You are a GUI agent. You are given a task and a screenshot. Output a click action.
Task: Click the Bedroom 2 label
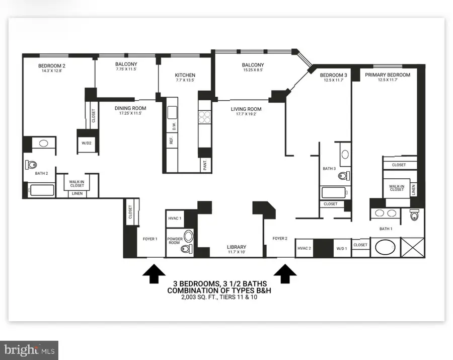52,65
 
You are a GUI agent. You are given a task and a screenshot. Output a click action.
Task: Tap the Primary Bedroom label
388,75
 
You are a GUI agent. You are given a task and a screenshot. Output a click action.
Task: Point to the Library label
236,247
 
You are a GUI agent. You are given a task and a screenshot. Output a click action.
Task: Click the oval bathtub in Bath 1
385,249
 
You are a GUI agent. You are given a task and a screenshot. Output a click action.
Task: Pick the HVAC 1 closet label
174,218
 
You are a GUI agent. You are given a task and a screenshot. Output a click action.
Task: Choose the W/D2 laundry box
86,142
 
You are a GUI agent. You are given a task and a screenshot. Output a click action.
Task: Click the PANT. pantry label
205,165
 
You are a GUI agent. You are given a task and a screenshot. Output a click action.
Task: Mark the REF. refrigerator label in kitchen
171,141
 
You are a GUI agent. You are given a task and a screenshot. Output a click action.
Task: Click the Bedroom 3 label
333,75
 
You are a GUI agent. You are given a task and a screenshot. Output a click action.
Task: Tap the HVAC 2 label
304,248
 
